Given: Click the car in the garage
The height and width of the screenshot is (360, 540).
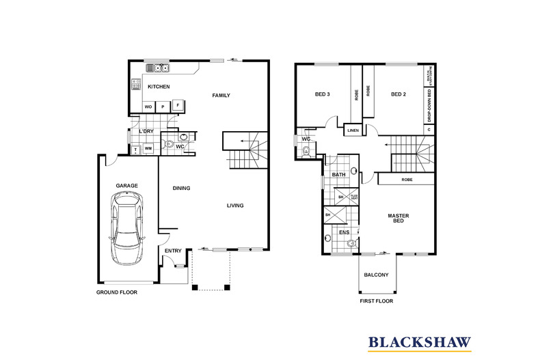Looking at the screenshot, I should tap(128, 228).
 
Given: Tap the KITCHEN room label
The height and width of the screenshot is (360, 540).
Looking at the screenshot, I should tap(159, 87).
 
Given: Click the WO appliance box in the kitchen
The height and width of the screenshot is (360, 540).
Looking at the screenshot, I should tap(148, 107).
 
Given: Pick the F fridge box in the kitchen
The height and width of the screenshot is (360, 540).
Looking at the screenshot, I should tap(178, 105).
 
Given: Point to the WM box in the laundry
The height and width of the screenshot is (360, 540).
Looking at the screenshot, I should tap(148, 149).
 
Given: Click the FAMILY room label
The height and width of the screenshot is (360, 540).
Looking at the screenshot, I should tap(220, 95).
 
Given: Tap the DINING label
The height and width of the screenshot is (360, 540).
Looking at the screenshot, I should tap(181, 189).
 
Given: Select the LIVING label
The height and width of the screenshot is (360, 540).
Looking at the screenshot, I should tap(235, 206).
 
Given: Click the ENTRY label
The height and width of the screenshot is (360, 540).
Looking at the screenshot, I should tap(173, 251).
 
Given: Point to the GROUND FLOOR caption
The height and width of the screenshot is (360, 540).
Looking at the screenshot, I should tap(116, 292).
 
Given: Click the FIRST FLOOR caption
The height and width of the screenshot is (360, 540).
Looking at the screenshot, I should tap(376, 301).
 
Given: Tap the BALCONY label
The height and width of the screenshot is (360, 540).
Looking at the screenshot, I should tap(376, 275).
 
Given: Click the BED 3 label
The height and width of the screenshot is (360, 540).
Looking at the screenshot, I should tap(323, 95).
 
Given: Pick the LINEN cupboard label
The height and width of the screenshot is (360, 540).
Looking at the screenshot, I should tap(353, 130).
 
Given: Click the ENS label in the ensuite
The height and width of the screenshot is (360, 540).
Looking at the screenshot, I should tap(345, 232).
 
